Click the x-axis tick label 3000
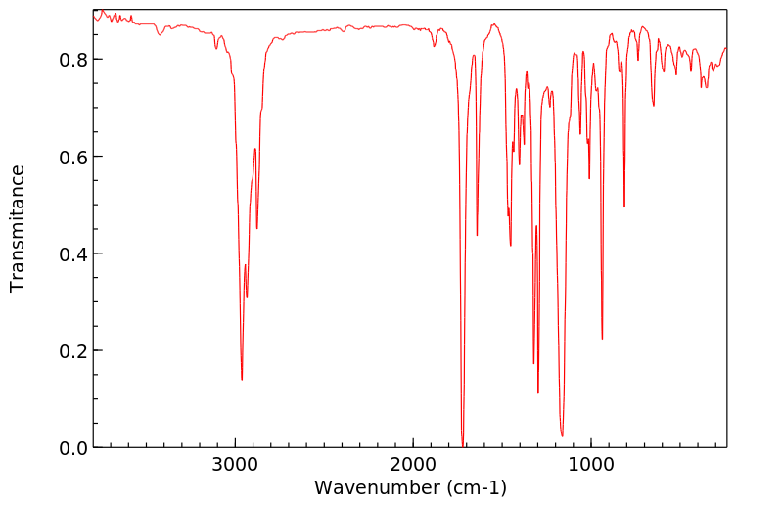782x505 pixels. coord(235,466)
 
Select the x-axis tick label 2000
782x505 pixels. coord(413,466)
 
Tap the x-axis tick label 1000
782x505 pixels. coord(591,466)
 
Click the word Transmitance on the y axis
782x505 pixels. coord(18,228)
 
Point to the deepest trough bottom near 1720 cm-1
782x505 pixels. coord(463,445)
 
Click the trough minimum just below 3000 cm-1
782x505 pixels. coord(242,379)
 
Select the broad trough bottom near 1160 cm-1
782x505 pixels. coord(562,436)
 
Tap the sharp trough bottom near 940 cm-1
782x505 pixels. coord(602,339)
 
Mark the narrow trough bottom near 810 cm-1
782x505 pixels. coord(624,207)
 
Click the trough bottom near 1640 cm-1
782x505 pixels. coord(477,235)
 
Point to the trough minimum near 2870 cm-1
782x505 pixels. coord(257,228)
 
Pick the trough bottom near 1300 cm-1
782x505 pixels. coord(538,392)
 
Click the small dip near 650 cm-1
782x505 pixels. coord(654,106)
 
